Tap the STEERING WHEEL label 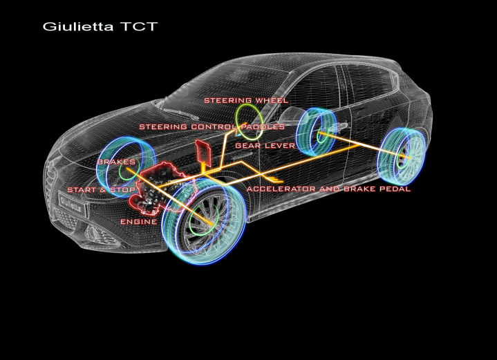[x=245, y=101]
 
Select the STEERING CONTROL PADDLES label [x=212, y=127]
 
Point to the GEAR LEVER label [x=265, y=146]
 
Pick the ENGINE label [x=138, y=222]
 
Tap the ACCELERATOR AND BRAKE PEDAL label [x=328, y=189]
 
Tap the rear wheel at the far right [x=402, y=157]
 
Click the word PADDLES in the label [x=264, y=127]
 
